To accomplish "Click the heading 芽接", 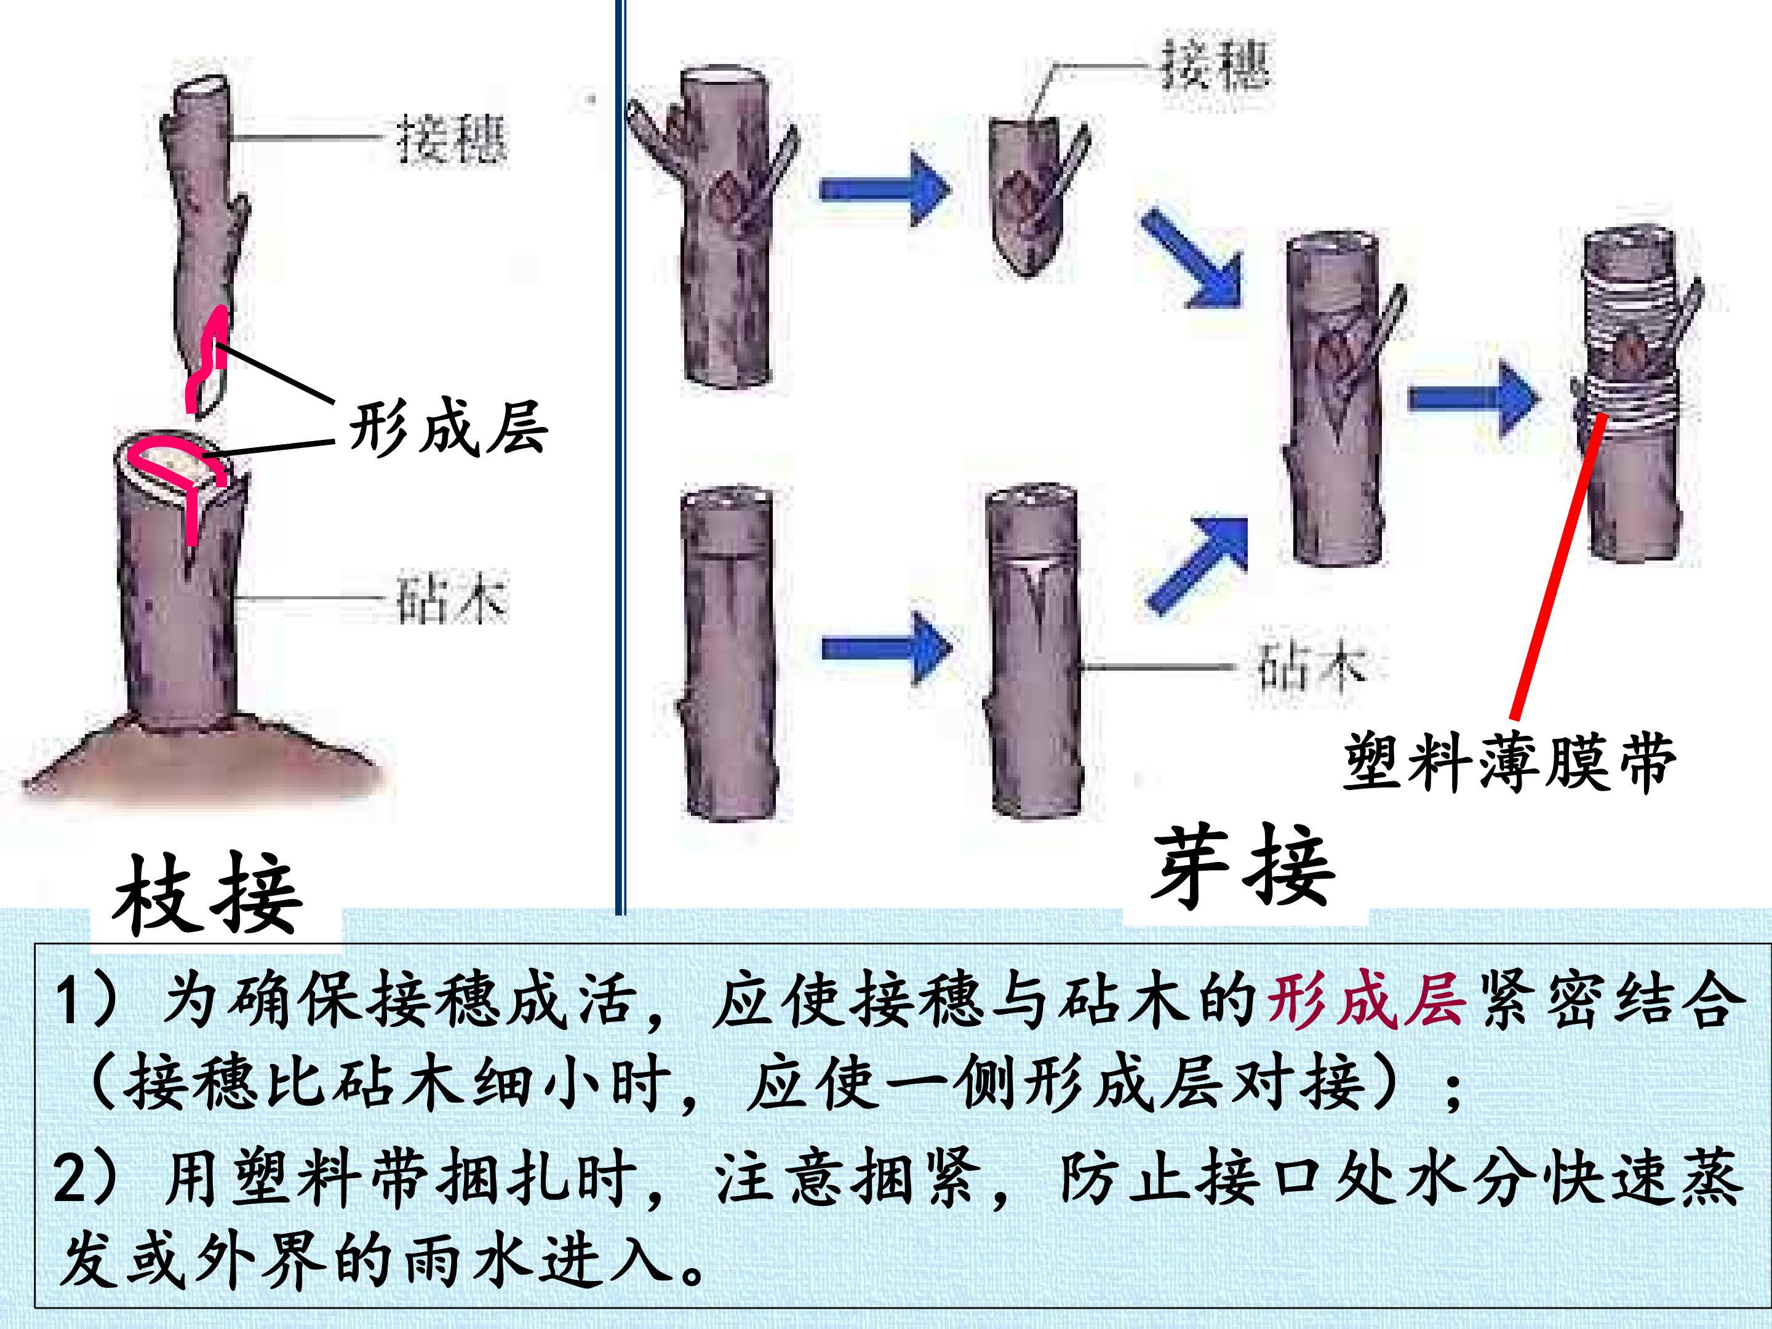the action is (x=1243, y=868).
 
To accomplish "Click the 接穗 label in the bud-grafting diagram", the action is (x=1215, y=63).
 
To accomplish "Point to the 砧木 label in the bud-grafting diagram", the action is (x=1310, y=665).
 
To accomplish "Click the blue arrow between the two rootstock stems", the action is (x=887, y=647).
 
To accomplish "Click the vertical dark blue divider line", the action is (x=620, y=457).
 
